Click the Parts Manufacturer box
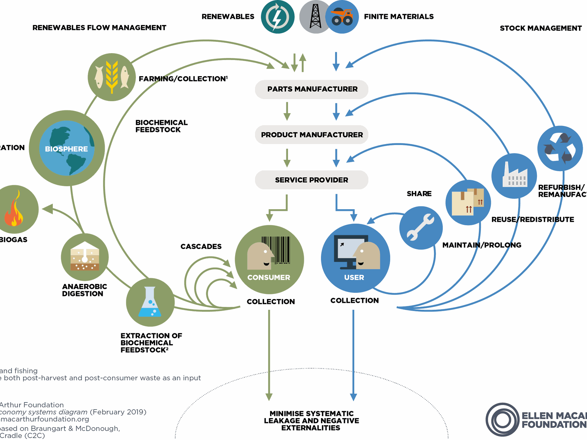tap(312, 89)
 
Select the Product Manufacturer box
tap(312, 135)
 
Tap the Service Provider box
tap(312, 180)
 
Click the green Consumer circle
tap(269, 260)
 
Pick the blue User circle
tap(355, 258)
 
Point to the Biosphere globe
tap(67, 148)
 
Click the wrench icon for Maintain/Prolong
tap(421, 228)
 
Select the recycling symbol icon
tap(560, 148)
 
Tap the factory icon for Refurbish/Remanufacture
tap(514, 176)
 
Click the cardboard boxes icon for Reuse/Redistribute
tap(468, 202)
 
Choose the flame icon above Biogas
tap(14, 210)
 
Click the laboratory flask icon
tap(150, 302)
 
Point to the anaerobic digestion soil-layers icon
tap(85, 257)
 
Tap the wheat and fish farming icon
tap(112, 77)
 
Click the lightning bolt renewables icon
tap(277, 17)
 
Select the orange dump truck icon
tap(342, 17)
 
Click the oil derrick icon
tap(315, 17)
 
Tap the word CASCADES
tap(201, 247)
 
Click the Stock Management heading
tap(541, 28)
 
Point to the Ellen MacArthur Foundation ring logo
tap(503, 420)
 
